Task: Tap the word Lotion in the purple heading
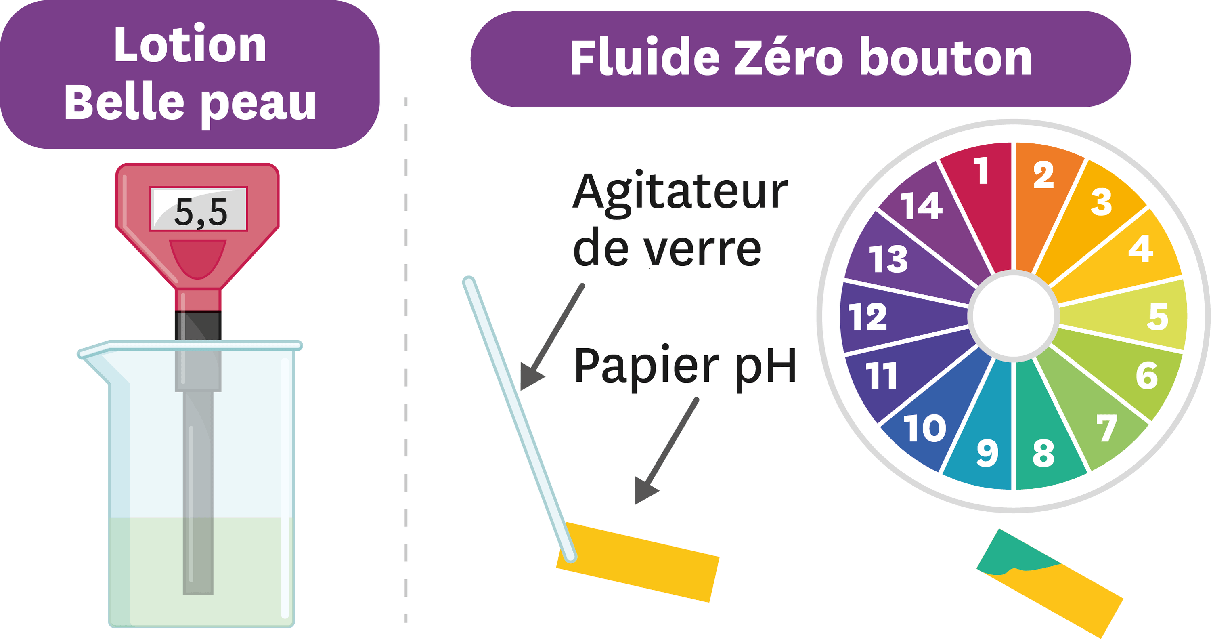click(x=190, y=45)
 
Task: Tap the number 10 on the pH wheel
click(x=924, y=428)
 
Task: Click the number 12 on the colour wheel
click(x=867, y=316)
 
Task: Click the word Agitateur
click(x=680, y=193)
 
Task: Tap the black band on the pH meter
click(x=198, y=325)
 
